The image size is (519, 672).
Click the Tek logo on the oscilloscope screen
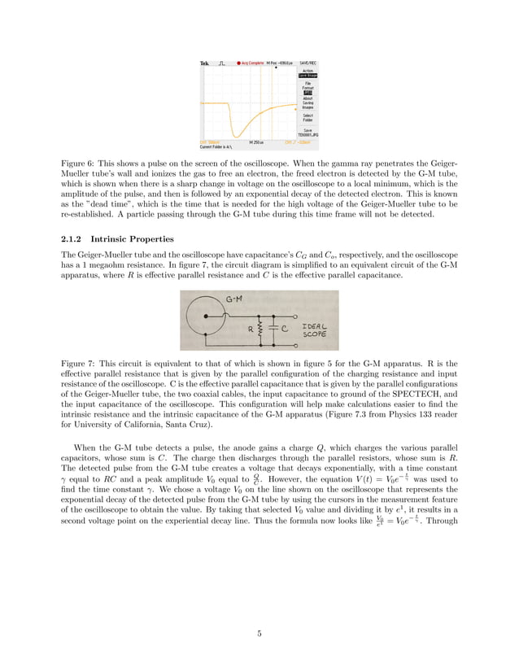click(205, 63)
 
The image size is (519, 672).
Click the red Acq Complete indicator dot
click(238, 63)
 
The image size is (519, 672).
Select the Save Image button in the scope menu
click(307, 76)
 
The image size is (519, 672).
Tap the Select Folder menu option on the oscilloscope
click(307, 118)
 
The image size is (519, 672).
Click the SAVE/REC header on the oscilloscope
click(308, 63)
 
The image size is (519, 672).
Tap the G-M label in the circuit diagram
click(232, 299)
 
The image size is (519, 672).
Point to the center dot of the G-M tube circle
click(207, 315)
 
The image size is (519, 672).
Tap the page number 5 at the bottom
click(259, 635)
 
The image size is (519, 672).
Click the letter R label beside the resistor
click(251, 329)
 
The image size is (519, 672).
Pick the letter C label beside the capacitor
click(287, 329)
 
